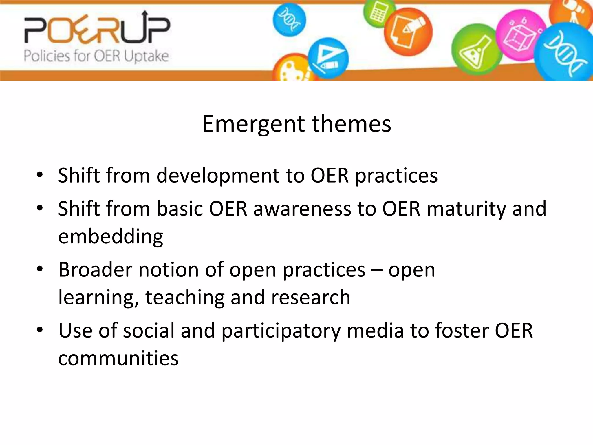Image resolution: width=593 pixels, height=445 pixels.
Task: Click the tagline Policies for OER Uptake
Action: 96,56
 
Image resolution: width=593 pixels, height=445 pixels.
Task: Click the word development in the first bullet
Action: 218,176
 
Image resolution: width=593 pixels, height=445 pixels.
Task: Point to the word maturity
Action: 466,209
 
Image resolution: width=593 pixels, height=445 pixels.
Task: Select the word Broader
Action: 95,270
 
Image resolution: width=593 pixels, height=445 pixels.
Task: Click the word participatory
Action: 281,331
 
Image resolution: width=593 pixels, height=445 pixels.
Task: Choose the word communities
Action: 118,358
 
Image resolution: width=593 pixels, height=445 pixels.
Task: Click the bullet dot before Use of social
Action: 40,330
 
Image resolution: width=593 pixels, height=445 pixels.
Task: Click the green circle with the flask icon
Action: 476,49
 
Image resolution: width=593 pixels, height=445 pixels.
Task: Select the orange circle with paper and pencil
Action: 408,32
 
